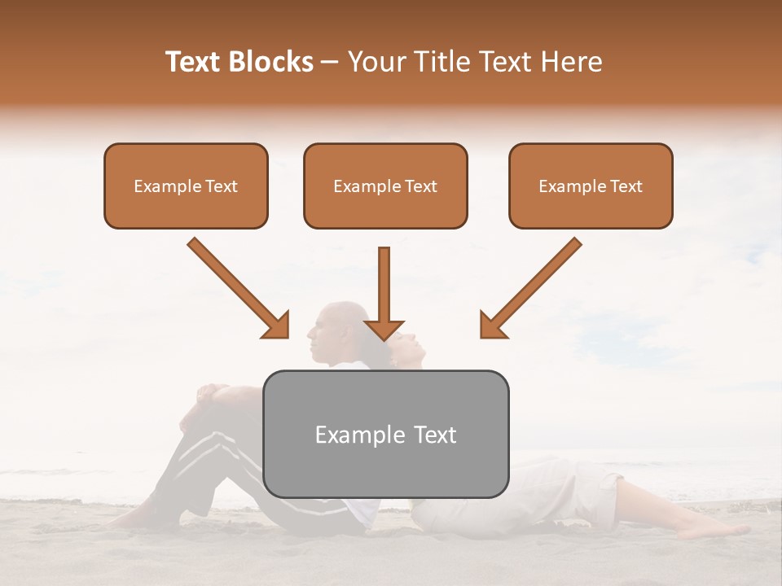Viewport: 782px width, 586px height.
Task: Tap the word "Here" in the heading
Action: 575,62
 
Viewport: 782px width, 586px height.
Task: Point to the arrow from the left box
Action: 238,287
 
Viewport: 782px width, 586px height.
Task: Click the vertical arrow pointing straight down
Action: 384,293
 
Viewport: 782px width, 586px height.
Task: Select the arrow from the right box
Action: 530,287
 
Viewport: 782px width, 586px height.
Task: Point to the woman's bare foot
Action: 717,530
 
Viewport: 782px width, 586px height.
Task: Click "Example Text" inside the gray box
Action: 386,435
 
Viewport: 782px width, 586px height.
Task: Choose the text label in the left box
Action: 186,186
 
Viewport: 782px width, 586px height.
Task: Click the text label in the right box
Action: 591,186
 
